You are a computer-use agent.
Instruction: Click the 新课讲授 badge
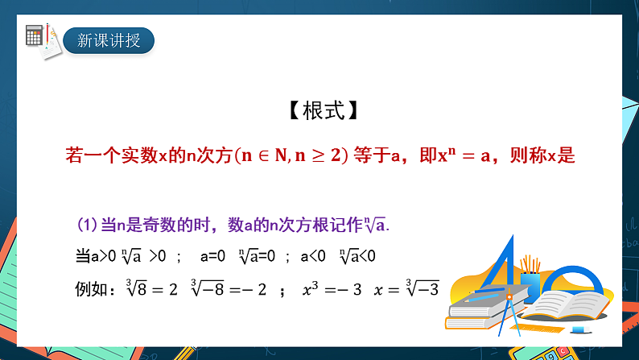[109, 39]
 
